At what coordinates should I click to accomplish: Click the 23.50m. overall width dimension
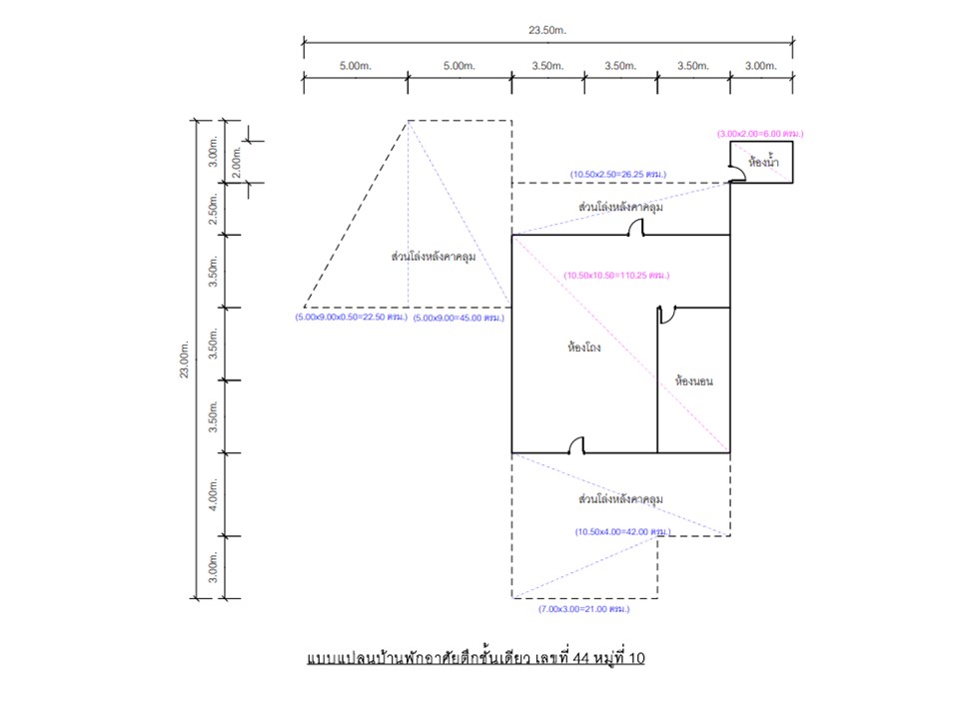point(547,30)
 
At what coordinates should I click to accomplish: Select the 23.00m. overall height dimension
point(185,359)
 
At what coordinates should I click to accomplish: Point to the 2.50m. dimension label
point(213,209)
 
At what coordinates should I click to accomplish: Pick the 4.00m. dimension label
point(213,494)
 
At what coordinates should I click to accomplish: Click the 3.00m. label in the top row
point(761,66)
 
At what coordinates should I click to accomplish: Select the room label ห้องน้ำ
point(763,162)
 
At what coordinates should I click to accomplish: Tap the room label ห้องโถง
point(584,348)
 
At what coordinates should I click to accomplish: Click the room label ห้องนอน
point(693,380)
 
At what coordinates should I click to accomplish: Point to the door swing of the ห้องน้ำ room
point(737,174)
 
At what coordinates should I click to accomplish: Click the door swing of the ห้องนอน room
point(666,315)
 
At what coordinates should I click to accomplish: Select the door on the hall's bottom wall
point(576,445)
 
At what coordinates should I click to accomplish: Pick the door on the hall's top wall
point(635,227)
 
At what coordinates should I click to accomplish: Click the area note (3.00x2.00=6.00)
point(760,133)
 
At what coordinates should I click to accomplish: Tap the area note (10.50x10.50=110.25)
point(616,276)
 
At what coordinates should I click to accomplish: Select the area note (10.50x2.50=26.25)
point(618,174)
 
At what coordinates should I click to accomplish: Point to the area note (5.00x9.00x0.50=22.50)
point(351,318)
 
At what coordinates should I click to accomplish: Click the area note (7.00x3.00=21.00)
point(584,609)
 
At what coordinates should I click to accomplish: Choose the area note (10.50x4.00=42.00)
point(622,532)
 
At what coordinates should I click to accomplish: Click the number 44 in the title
point(581,658)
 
